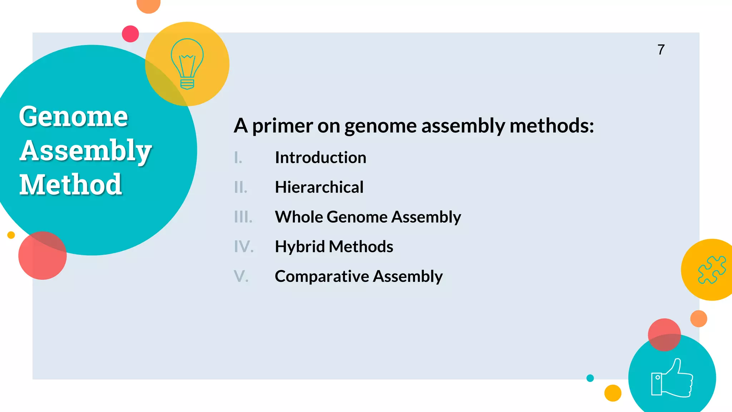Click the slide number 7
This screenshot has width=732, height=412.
click(661, 50)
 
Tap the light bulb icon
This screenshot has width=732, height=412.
click(187, 64)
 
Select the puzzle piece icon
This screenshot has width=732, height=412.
click(712, 270)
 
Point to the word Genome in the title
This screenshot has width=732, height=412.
click(74, 117)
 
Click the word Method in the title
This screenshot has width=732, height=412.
click(71, 185)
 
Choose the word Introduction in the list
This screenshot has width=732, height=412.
click(321, 158)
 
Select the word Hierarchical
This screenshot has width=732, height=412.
click(319, 187)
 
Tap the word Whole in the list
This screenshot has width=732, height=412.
click(298, 217)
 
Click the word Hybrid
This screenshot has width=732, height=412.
click(300, 246)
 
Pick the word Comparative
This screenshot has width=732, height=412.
click(322, 276)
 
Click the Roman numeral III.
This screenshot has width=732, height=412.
click(243, 217)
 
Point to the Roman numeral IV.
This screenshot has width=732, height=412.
click(244, 247)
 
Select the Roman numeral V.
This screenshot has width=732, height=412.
click(241, 276)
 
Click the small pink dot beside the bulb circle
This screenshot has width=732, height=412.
click(130, 34)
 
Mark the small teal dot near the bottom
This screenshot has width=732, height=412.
click(590, 378)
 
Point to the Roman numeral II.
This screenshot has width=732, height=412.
click(241, 187)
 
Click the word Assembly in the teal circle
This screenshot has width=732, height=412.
click(86, 151)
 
